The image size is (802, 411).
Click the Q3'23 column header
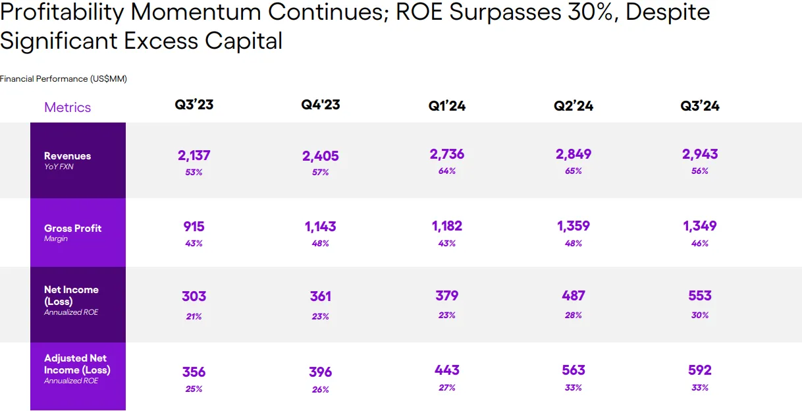(194, 105)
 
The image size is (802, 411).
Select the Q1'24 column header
(447, 106)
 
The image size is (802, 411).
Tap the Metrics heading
(67, 107)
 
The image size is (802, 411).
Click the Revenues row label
(67, 155)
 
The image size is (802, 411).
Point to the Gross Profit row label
(72, 228)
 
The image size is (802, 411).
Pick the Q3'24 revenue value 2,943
(699, 154)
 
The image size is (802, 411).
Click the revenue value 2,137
(194, 155)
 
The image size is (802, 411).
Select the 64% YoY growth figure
(447, 171)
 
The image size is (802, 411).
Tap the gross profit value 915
(194, 227)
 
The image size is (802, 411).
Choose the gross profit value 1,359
(574, 226)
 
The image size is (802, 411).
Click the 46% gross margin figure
(699, 244)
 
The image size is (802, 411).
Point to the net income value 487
(574, 296)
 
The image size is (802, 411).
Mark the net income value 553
(699, 296)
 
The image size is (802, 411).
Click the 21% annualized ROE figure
(194, 317)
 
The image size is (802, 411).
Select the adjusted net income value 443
(447, 370)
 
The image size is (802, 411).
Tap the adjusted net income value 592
(699, 370)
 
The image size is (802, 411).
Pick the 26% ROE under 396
(320, 389)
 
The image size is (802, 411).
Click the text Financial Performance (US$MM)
(63, 79)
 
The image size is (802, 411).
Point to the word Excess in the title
(161, 40)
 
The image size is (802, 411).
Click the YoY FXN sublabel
(59, 167)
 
